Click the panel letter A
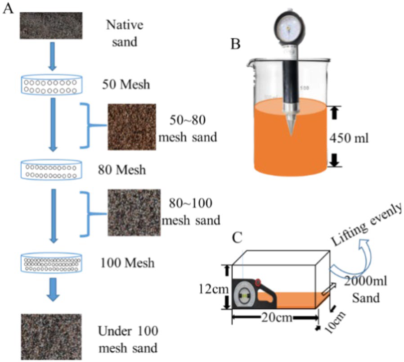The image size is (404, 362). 8,9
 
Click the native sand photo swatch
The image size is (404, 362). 50,25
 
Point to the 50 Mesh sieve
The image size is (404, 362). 52,84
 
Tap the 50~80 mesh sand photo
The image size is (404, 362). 131,127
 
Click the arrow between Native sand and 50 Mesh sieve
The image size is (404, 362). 52,56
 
